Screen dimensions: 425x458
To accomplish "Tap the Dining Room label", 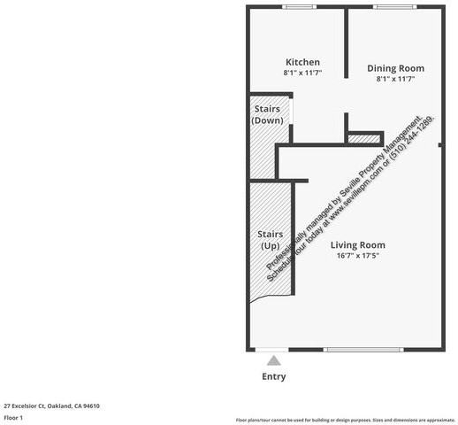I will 395,68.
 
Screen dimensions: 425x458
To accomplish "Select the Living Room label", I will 358,245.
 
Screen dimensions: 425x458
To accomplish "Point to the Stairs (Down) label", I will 267,114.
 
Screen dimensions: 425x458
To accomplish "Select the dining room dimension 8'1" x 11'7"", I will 395,80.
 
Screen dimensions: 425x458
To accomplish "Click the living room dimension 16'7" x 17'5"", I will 358,257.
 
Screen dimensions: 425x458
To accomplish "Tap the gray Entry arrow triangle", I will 274,360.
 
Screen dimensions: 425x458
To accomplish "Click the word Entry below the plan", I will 274,376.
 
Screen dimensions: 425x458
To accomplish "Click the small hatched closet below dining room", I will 362,138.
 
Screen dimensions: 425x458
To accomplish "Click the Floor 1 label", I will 13,417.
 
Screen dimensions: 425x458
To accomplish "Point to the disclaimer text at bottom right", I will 345,420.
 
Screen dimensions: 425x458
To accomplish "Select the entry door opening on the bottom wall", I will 274,349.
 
